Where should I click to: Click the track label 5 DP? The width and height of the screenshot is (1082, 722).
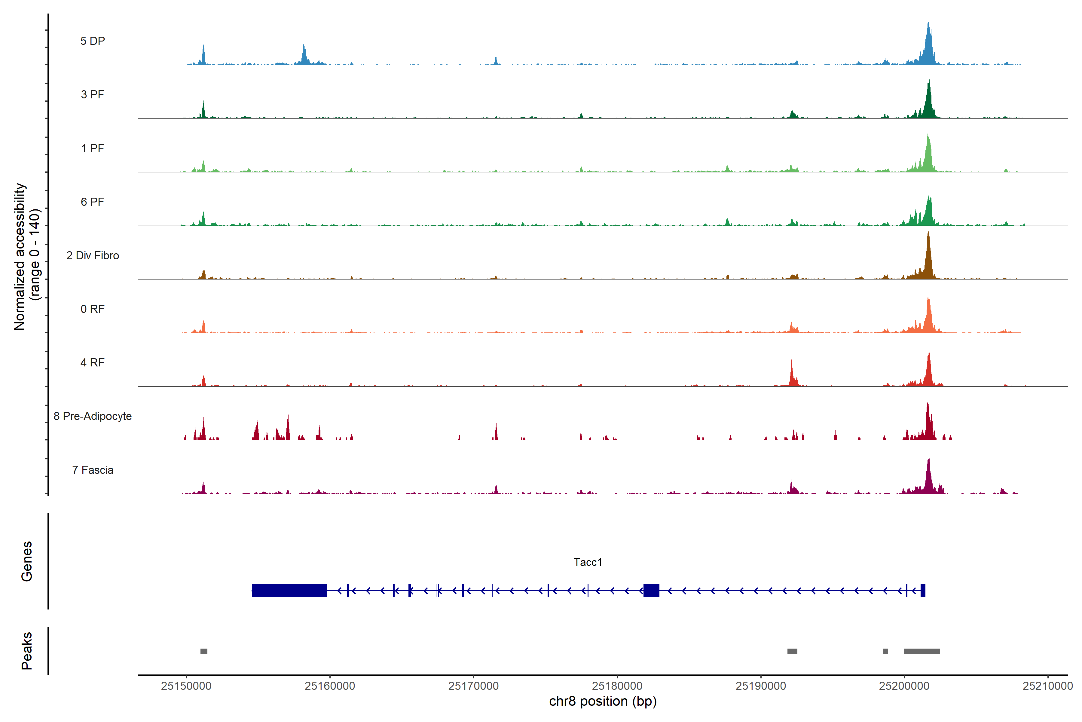coord(93,41)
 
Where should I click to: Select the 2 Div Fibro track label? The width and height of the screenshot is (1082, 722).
coord(93,255)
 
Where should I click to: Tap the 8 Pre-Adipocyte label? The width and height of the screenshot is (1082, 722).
coord(93,416)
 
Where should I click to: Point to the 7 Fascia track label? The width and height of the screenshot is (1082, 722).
coord(93,470)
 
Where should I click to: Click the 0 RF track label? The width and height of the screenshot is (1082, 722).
coord(93,309)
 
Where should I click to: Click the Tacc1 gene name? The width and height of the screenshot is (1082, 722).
coord(588,562)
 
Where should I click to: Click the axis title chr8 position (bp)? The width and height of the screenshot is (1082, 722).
coord(603,701)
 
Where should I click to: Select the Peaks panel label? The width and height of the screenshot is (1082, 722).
coord(27,651)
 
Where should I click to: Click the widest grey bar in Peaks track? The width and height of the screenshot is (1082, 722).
coord(922,651)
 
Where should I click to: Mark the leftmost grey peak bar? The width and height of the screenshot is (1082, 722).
coord(204,651)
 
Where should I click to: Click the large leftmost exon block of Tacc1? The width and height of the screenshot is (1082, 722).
coord(289,590)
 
